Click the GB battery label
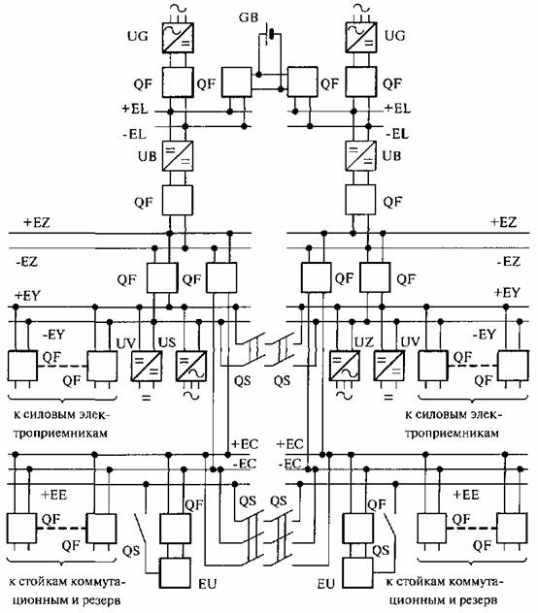249,18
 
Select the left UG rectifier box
178,38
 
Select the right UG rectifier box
360,37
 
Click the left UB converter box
178,156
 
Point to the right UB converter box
360,155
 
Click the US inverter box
191,366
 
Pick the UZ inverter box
344,366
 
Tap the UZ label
364,342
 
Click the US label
167,342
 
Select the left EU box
175,572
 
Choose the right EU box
358,572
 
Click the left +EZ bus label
37,222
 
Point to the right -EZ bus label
508,261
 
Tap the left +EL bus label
135,109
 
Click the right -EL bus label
397,134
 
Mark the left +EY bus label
27,295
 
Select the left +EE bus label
54,495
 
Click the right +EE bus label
466,495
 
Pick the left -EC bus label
245,464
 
